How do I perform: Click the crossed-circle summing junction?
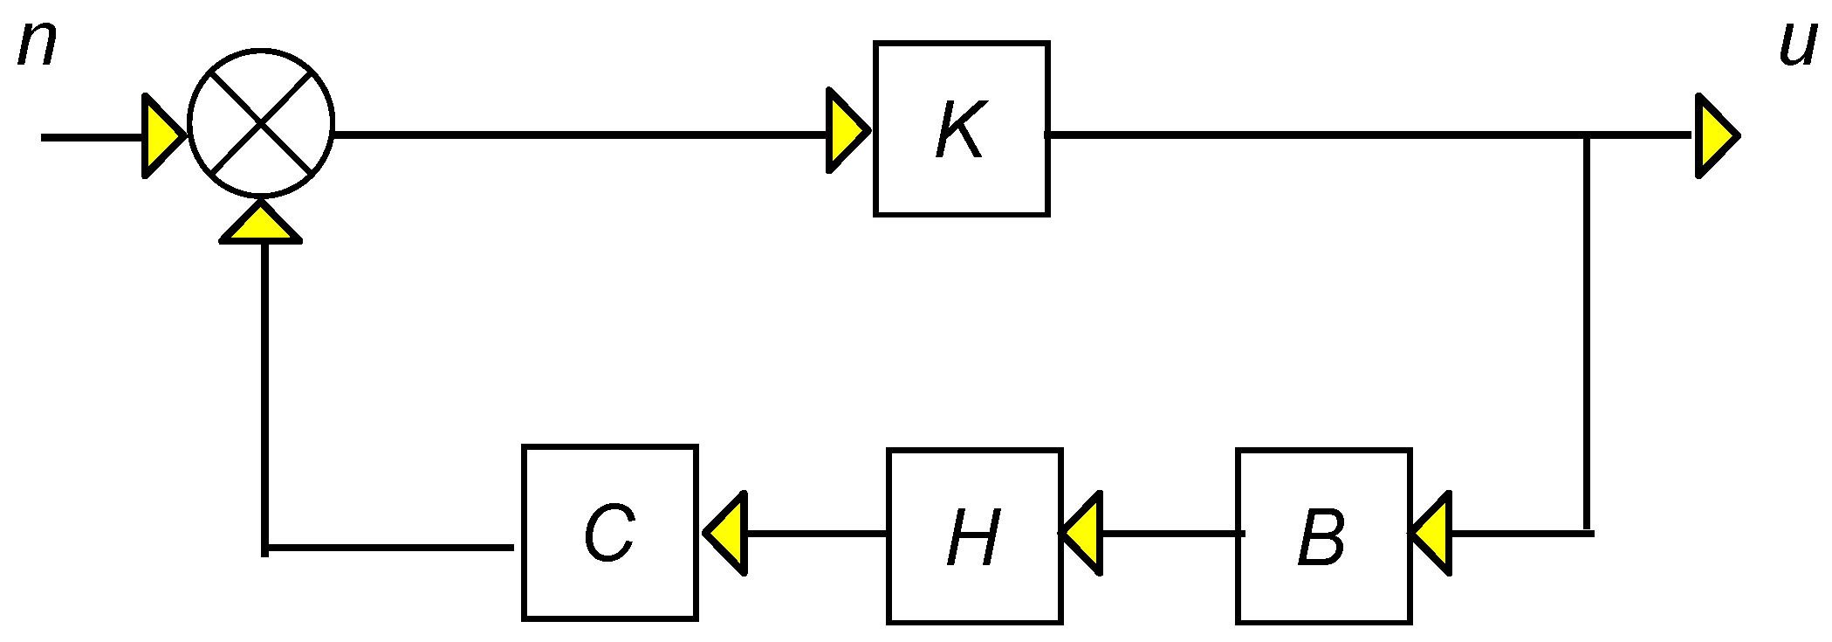(261, 122)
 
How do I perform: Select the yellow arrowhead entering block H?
(1082, 533)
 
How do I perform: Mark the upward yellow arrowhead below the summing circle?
(260, 223)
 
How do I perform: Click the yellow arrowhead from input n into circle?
(162, 136)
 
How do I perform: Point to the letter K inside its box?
(960, 131)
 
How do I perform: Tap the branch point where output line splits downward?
(1587, 136)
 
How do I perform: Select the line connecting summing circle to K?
(576, 135)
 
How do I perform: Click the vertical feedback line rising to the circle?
(264, 393)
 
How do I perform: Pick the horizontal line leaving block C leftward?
(393, 548)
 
